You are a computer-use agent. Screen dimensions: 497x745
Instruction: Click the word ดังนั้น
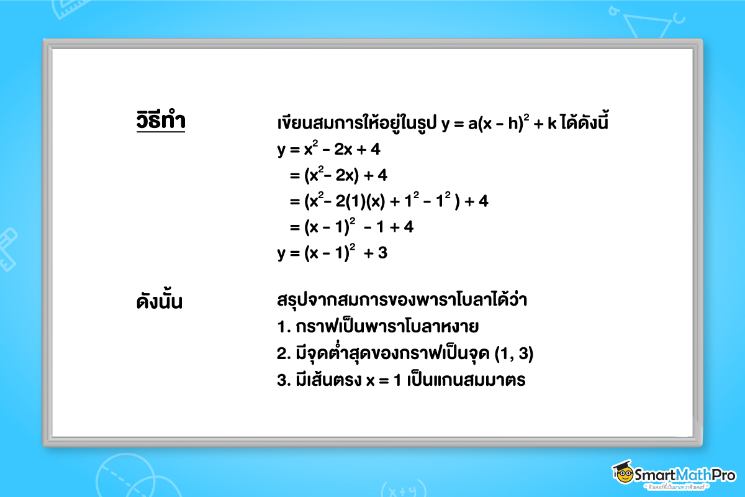[160, 303]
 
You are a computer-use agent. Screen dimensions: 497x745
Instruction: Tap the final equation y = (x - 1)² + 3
[332, 253]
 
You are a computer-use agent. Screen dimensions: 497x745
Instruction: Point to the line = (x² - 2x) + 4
[338, 176]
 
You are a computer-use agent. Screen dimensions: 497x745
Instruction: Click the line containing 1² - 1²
[389, 201]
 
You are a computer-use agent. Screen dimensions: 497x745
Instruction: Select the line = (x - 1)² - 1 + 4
[351, 227]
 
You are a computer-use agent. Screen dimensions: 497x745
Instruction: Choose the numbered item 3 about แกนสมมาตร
[401, 380]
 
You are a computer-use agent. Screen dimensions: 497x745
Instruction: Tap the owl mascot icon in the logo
[622, 473]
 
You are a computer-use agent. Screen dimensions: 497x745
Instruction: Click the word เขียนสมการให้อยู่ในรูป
[357, 123]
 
